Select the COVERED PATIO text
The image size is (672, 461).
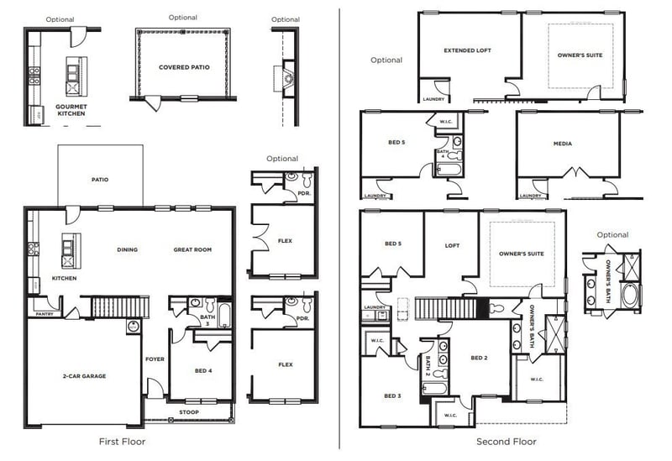coord(184,67)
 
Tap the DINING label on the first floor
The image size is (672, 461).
coord(127,249)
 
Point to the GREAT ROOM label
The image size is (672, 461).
coord(192,249)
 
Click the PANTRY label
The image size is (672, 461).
coord(45,314)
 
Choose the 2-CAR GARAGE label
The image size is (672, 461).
coord(83,375)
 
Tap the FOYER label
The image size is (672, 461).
coord(155,359)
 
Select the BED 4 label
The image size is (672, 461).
coord(202,370)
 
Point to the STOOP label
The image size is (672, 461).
coord(189,412)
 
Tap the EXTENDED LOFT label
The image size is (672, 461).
coord(467,50)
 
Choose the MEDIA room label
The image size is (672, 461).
coord(563,144)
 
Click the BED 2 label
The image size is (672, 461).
coord(479,359)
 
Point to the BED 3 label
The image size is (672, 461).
coord(392,396)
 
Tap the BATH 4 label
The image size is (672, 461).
coord(443,154)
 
